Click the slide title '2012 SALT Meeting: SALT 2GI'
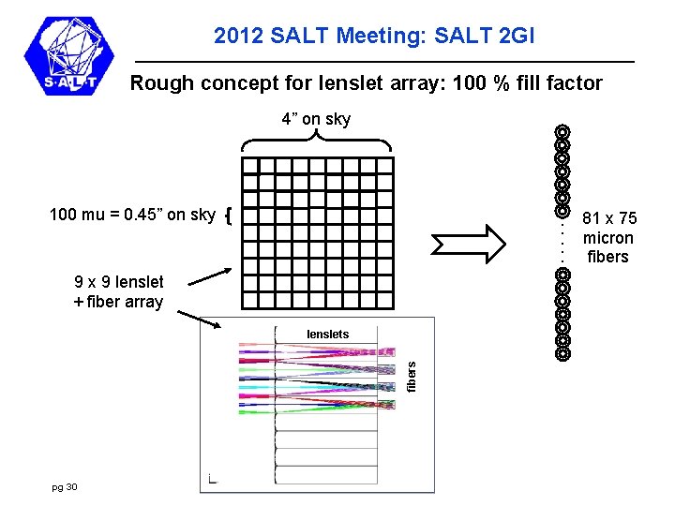(374, 37)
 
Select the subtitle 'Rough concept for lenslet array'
(366, 83)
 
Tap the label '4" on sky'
(316, 119)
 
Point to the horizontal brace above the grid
(316, 142)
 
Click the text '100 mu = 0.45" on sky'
(132, 215)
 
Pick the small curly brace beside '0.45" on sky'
(229, 216)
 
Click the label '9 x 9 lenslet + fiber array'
(118, 291)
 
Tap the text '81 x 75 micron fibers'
(609, 238)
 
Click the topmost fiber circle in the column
(562, 132)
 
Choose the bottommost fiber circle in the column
(562, 354)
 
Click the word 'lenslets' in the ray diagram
(328, 335)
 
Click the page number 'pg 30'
(66, 486)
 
